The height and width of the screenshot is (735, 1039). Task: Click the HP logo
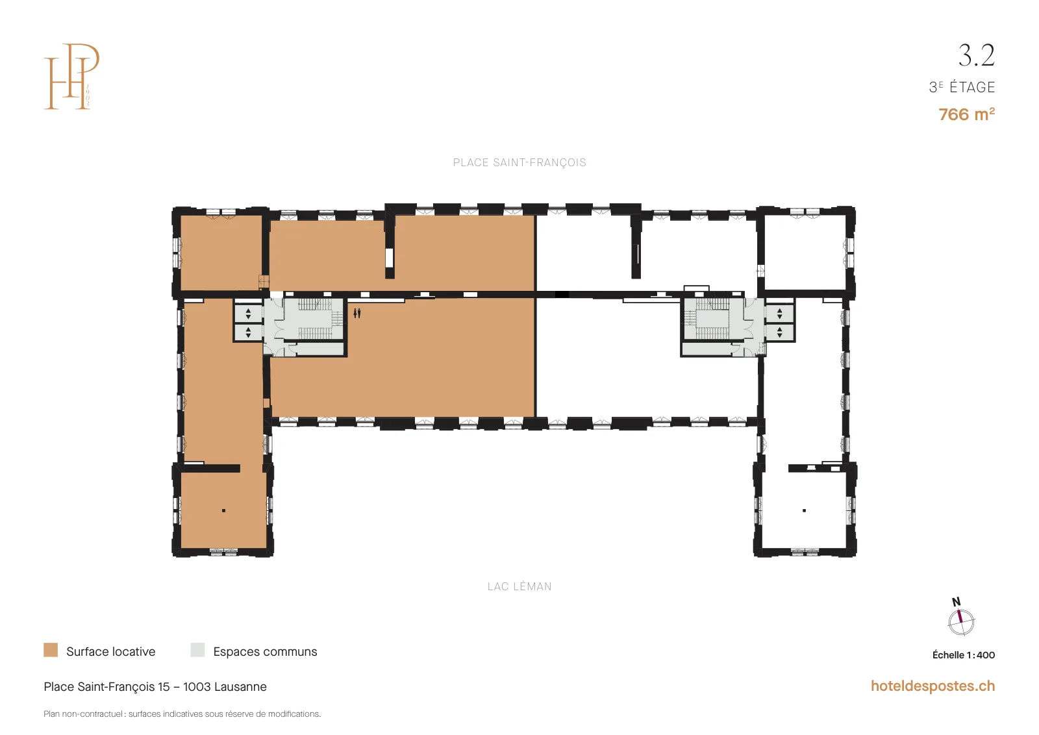point(71,77)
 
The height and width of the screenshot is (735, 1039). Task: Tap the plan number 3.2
point(977,56)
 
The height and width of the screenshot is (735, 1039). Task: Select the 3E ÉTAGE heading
point(962,87)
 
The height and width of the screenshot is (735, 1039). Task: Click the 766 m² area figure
point(967,114)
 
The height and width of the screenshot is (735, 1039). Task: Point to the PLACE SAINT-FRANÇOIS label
point(519,163)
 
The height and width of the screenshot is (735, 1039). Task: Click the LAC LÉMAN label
point(519,586)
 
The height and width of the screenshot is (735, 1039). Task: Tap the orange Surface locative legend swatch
point(51,650)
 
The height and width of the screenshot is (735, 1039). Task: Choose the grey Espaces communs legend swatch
point(197,650)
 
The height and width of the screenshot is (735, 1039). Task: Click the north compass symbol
point(961,621)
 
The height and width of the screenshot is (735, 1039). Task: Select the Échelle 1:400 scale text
point(964,655)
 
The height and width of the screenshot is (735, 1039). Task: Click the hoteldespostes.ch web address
point(933,686)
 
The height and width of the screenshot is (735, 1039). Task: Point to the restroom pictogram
point(357,314)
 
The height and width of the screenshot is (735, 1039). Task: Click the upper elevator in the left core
point(248,314)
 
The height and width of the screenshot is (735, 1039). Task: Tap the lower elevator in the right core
point(780,332)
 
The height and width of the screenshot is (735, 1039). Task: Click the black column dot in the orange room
point(223,510)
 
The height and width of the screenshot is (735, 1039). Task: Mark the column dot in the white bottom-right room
point(805,510)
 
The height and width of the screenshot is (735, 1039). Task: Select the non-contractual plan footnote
point(182,714)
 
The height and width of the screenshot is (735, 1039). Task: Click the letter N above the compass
point(956,602)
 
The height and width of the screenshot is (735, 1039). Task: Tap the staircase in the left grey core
point(315,319)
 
